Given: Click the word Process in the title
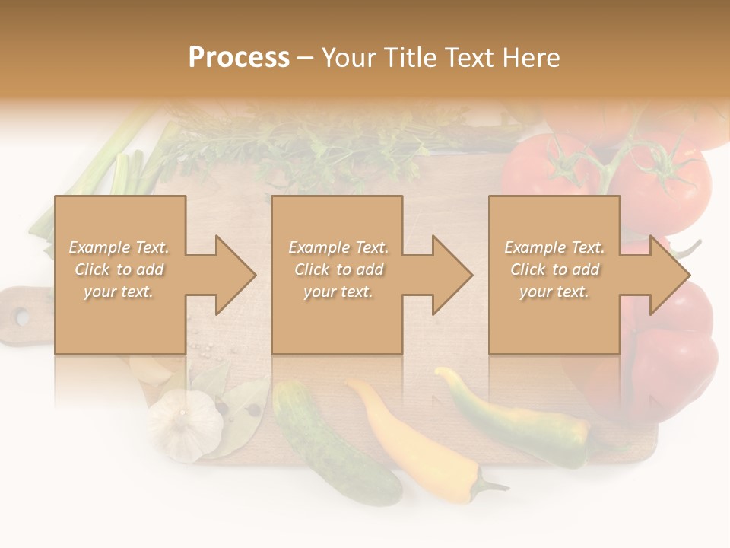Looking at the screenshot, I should (x=239, y=58).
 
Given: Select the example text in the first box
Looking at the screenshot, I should (x=119, y=269).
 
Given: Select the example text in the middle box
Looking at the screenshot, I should (x=338, y=269).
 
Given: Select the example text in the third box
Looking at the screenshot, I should (x=554, y=269).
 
